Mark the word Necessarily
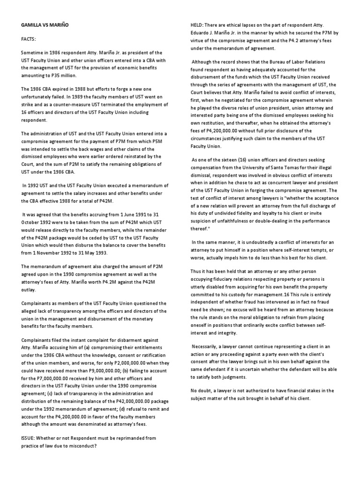point(207,346)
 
